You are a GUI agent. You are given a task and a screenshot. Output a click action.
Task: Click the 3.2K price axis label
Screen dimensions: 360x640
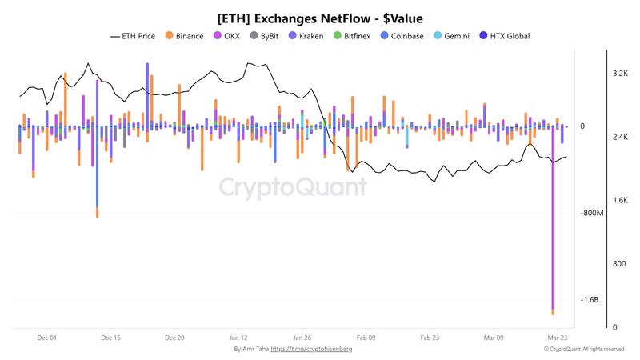tap(619, 74)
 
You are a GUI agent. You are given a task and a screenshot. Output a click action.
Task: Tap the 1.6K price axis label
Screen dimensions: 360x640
tap(619, 200)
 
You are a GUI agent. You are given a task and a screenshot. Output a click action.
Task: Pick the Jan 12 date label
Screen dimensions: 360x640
tap(238, 338)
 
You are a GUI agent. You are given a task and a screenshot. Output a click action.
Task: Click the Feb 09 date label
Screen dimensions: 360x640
tap(366, 338)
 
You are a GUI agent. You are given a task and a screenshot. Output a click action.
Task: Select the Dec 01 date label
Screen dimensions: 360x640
tap(47, 338)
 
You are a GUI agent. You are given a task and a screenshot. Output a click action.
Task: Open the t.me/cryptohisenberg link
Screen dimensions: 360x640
tap(311, 350)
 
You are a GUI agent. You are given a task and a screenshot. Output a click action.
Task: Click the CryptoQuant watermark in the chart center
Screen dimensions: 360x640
tap(293, 188)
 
